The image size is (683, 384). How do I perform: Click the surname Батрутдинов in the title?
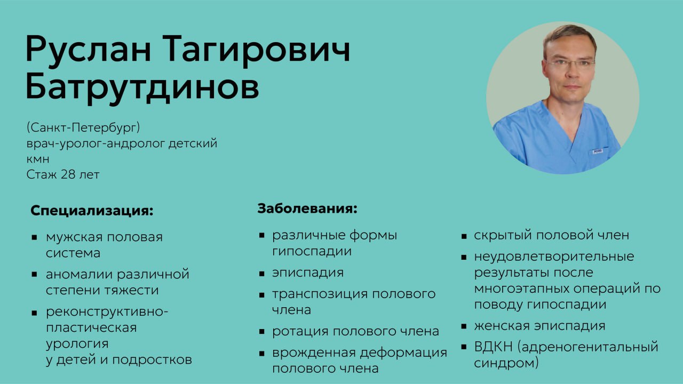(x=142, y=86)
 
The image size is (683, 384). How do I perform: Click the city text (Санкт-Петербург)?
(x=83, y=127)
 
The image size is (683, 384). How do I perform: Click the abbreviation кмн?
(x=38, y=159)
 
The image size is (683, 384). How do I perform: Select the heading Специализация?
(x=92, y=211)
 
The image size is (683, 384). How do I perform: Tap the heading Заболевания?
(x=307, y=209)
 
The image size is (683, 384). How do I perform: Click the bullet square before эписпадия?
(x=261, y=274)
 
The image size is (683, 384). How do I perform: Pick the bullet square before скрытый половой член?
(x=464, y=236)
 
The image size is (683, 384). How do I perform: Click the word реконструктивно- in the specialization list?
(x=107, y=312)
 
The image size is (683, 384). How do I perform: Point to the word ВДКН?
(x=494, y=347)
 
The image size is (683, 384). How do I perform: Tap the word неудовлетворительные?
(x=554, y=257)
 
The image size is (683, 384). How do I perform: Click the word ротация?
(x=299, y=332)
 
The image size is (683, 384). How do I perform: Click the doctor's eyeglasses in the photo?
(x=570, y=63)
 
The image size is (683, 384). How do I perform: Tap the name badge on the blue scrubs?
(x=598, y=151)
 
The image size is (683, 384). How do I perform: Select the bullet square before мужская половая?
(x=34, y=238)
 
